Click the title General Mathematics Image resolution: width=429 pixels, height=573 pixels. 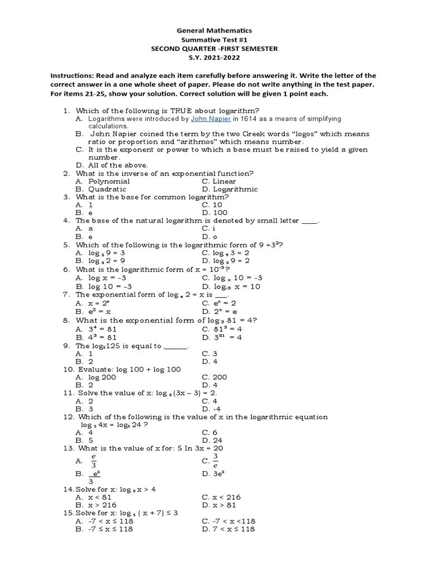214,31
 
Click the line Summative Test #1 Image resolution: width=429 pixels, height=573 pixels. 214,40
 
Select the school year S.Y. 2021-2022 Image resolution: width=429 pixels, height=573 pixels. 214,58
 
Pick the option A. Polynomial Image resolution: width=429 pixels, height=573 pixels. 103,181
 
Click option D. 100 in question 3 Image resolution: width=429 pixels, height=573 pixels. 212,213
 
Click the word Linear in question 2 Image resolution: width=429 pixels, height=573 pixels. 224,181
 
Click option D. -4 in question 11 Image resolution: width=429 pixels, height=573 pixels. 210,408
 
